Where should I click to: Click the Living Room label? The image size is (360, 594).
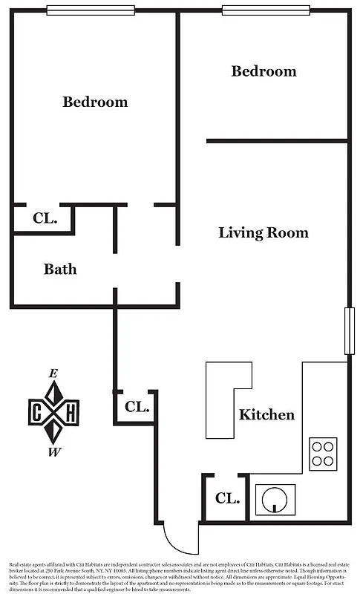263,232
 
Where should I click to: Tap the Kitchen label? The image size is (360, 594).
266,414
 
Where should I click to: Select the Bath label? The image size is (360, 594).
60,269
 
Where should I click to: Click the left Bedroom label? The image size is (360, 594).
95,102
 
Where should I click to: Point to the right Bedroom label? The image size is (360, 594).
264,71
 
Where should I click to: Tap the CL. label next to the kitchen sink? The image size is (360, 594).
228,498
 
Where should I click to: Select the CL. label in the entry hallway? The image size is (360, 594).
137,407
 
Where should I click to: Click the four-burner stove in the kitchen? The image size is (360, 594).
322,453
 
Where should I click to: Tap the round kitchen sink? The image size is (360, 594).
275,499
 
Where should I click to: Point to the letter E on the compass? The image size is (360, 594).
53,373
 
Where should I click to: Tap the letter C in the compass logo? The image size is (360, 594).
36,413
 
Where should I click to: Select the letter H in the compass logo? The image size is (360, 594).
70,413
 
